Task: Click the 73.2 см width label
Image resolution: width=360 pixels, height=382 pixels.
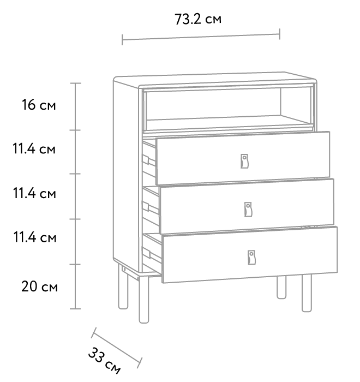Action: click(198, 19)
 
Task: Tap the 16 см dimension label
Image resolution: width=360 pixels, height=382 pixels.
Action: click(39, 105)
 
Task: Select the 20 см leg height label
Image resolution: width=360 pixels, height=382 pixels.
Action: click(39, 286)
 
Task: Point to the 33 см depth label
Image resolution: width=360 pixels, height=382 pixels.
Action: click(104, 361)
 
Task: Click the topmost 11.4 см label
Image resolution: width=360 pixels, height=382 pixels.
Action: click(34, 148)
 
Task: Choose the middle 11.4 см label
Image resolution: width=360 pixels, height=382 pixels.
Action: click(34, 193)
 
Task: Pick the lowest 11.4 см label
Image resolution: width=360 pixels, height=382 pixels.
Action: click(34, 237)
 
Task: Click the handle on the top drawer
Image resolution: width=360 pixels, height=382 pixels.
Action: click(244, 161)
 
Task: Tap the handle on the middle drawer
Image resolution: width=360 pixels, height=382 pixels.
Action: click(248, 209)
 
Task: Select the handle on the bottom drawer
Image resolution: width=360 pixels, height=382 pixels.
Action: click(251, 257)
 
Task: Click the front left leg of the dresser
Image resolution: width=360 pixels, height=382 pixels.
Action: click(143, 300)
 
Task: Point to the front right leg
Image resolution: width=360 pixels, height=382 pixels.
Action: click(307, 293)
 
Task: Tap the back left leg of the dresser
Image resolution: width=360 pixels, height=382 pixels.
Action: click(123, 287)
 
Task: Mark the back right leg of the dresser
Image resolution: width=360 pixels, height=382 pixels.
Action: click(281, 288)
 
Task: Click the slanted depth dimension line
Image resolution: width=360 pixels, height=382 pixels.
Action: click(117, 348)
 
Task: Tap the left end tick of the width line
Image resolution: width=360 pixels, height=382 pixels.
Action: click(122, 40)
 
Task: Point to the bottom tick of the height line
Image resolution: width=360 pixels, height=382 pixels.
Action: click(75, 309)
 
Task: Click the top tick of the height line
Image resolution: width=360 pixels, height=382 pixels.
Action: click(76, 83)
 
